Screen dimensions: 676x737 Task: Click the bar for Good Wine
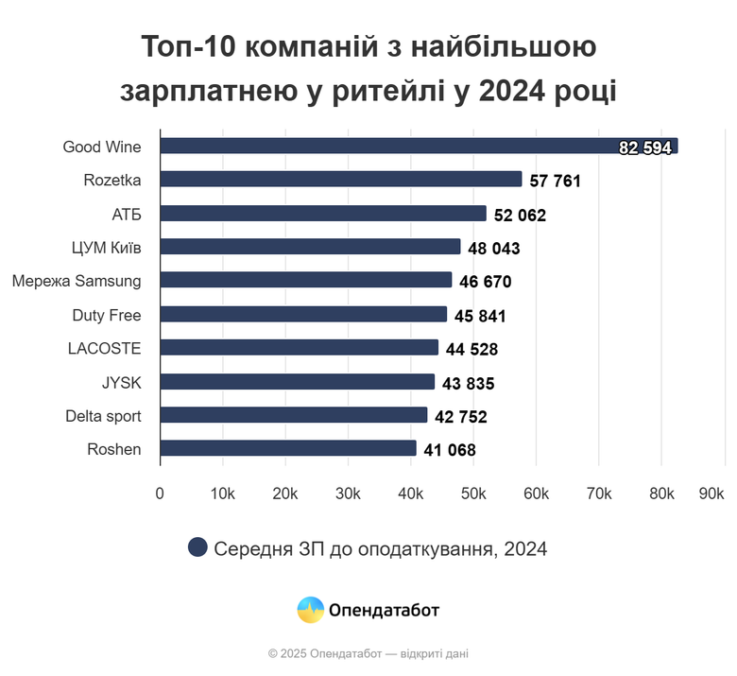pyautogui.click(x=416, y=146)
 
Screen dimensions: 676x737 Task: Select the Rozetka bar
pyautogui.click(x=340, y=180)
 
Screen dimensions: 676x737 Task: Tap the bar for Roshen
pyautogui.click(x=288, y=449)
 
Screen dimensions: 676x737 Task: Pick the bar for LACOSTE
pyautogui.click(x=299, y=348)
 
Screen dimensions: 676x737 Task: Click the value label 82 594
pyautogui.click(x=645, y=147)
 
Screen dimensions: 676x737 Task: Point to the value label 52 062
pyautogui.click(x=520, y=215)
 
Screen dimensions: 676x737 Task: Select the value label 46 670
pyautogui.click(x=485, y=282)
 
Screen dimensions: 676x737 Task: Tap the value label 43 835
pyautogui.click(x=468, y=383)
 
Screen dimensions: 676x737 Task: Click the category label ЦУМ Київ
pyautogui.click(x=106, y=247)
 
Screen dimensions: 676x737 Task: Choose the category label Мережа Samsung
pyautogui.click(x=77, y=281)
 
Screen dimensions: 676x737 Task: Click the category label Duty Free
pyautogui.click(x=107, y=315)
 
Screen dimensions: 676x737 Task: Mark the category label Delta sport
pyautogui.click(x=103, y=416)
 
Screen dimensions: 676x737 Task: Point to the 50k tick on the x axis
pyautogui.click(x=473, y=493)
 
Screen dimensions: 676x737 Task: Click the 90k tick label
pyautogui.click(x=711, y=493)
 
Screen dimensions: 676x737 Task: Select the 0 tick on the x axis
pyautogui.click(x=160, y=493)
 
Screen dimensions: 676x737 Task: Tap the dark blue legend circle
pyautogui.click(x=197, y=547)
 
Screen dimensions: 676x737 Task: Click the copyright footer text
pyautogui.click(x=368, y=653)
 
